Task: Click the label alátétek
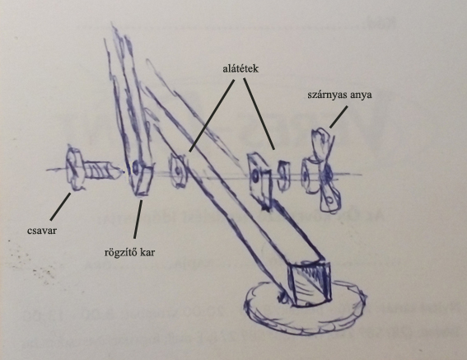pyautogui.click(x=241, y=69)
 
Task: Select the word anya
pyautogui.click(x=362, y=96)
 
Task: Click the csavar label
pyautogui.click(x=42, y=231)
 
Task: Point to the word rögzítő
pyautogui.click(x=118, y=253)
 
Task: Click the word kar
pyautogui.click(x=147, y=253)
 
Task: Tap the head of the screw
pyautogui.click(x=73, y=168)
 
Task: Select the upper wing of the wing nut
pyautogui.click(x=321, y=143)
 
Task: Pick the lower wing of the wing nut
pyautogui.click(x=329, y=199)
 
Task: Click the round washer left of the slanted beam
pyautogui.click(x=178, y=171)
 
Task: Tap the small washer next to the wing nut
pyautogui.click(x=283, y=175)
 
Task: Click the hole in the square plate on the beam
pyautogui.click(x=255, y=177)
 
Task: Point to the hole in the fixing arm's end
pyautogui.click(x=135, y=168)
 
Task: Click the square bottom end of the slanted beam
pyautogui.click(x=310, y=283)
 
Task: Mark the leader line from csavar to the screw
pyautogui.click(x=61, y=207)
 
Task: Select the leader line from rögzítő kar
pyautogui.click(x=138, y=219)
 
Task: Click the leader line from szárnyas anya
pyautogui.click(x=339, y=117)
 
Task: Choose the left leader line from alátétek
pyautogui.click(x=212, y=115)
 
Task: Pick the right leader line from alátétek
pyautogui.click(x=259, y=114)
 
